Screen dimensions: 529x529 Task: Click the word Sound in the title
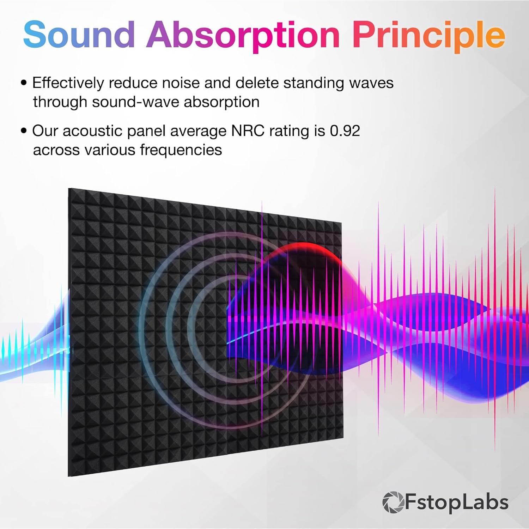79,35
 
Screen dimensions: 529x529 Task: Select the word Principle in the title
428,35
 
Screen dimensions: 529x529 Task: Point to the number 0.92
345,131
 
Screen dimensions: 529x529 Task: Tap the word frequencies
181,150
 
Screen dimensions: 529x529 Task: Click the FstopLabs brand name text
457,502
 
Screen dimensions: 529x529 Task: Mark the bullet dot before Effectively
24,83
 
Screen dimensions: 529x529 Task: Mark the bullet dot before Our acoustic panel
24,131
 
